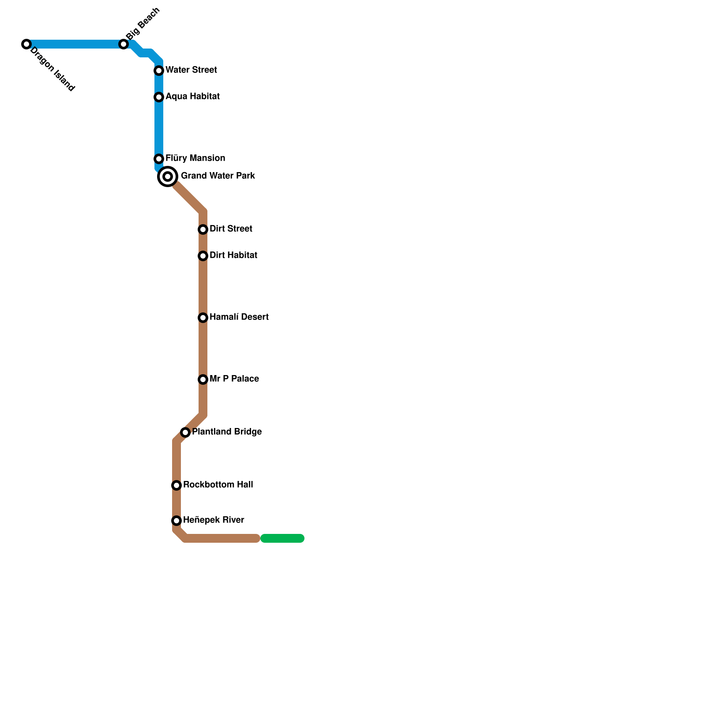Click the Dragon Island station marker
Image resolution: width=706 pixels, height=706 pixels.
click(x=26, y=44)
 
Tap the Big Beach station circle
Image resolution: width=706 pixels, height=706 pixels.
click(x=124, y=44)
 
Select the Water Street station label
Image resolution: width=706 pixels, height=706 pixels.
click(x=191, y=70)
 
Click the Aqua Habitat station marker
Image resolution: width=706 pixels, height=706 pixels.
click(x=159, y=97)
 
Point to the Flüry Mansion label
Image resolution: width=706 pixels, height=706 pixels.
click(x=195, y=158)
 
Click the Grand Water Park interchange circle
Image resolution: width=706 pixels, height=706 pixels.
click(x=168, y=176)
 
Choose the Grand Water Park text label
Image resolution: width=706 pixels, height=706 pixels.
click(x=218, y=176)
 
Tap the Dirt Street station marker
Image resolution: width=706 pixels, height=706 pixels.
click(x=203, y=229)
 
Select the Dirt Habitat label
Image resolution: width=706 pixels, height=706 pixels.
click(x=233, y=255)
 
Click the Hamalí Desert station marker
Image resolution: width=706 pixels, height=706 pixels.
click(x=203, y=318)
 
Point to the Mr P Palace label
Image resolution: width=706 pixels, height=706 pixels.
click(x=234, y=379)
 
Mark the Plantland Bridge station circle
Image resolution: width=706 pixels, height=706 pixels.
click(x=185, y=432)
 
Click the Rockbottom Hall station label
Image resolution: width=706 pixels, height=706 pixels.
click(x=218, y=485)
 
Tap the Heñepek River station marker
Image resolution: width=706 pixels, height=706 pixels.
click(x=176, y=521)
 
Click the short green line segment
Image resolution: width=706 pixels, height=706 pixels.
click(x=282, y=538)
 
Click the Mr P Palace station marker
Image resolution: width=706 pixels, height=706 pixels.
click(x=203, y=379)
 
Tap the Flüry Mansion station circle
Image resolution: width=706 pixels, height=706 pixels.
click(x=159, y=159)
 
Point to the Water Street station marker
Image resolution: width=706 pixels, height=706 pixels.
click(x=159, y=71)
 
